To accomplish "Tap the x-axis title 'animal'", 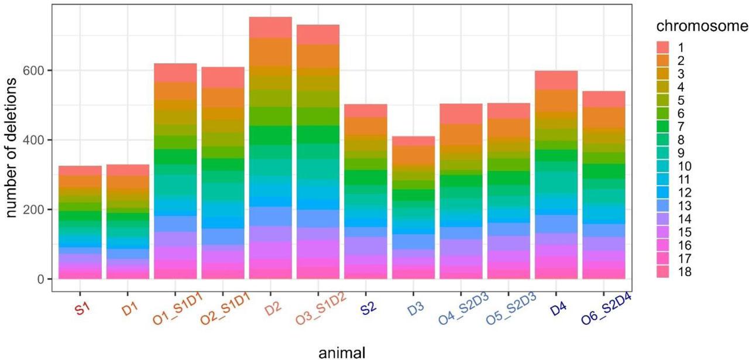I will (342, 352).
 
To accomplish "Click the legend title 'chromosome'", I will (699, 26).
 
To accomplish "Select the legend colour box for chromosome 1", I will (662, 47).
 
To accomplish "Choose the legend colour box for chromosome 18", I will (662, 272).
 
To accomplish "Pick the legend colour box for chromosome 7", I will (662, 126).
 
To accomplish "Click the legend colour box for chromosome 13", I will (662, 206).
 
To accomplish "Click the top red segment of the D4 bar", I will (556, 80).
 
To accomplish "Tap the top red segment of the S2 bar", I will (366, 111).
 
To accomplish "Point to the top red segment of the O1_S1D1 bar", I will (175, 73).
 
